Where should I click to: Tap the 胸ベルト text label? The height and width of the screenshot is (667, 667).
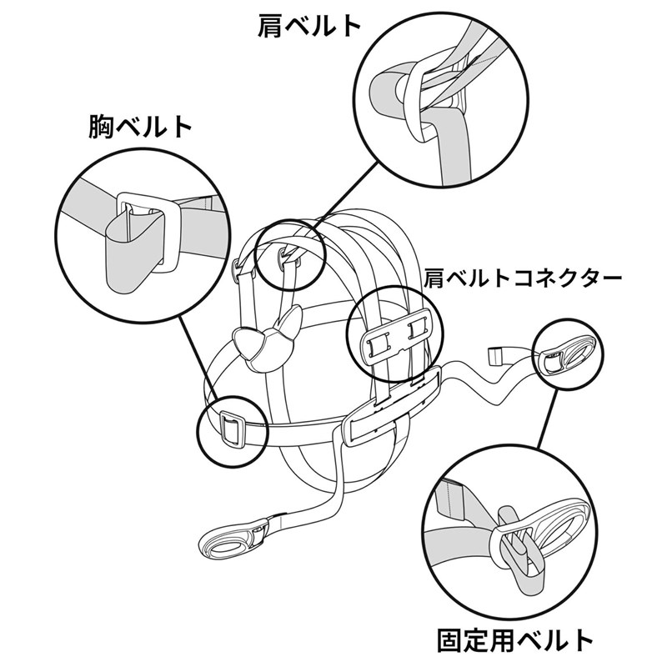(140, 128)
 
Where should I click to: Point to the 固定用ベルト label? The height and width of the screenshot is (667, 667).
(516, 640)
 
